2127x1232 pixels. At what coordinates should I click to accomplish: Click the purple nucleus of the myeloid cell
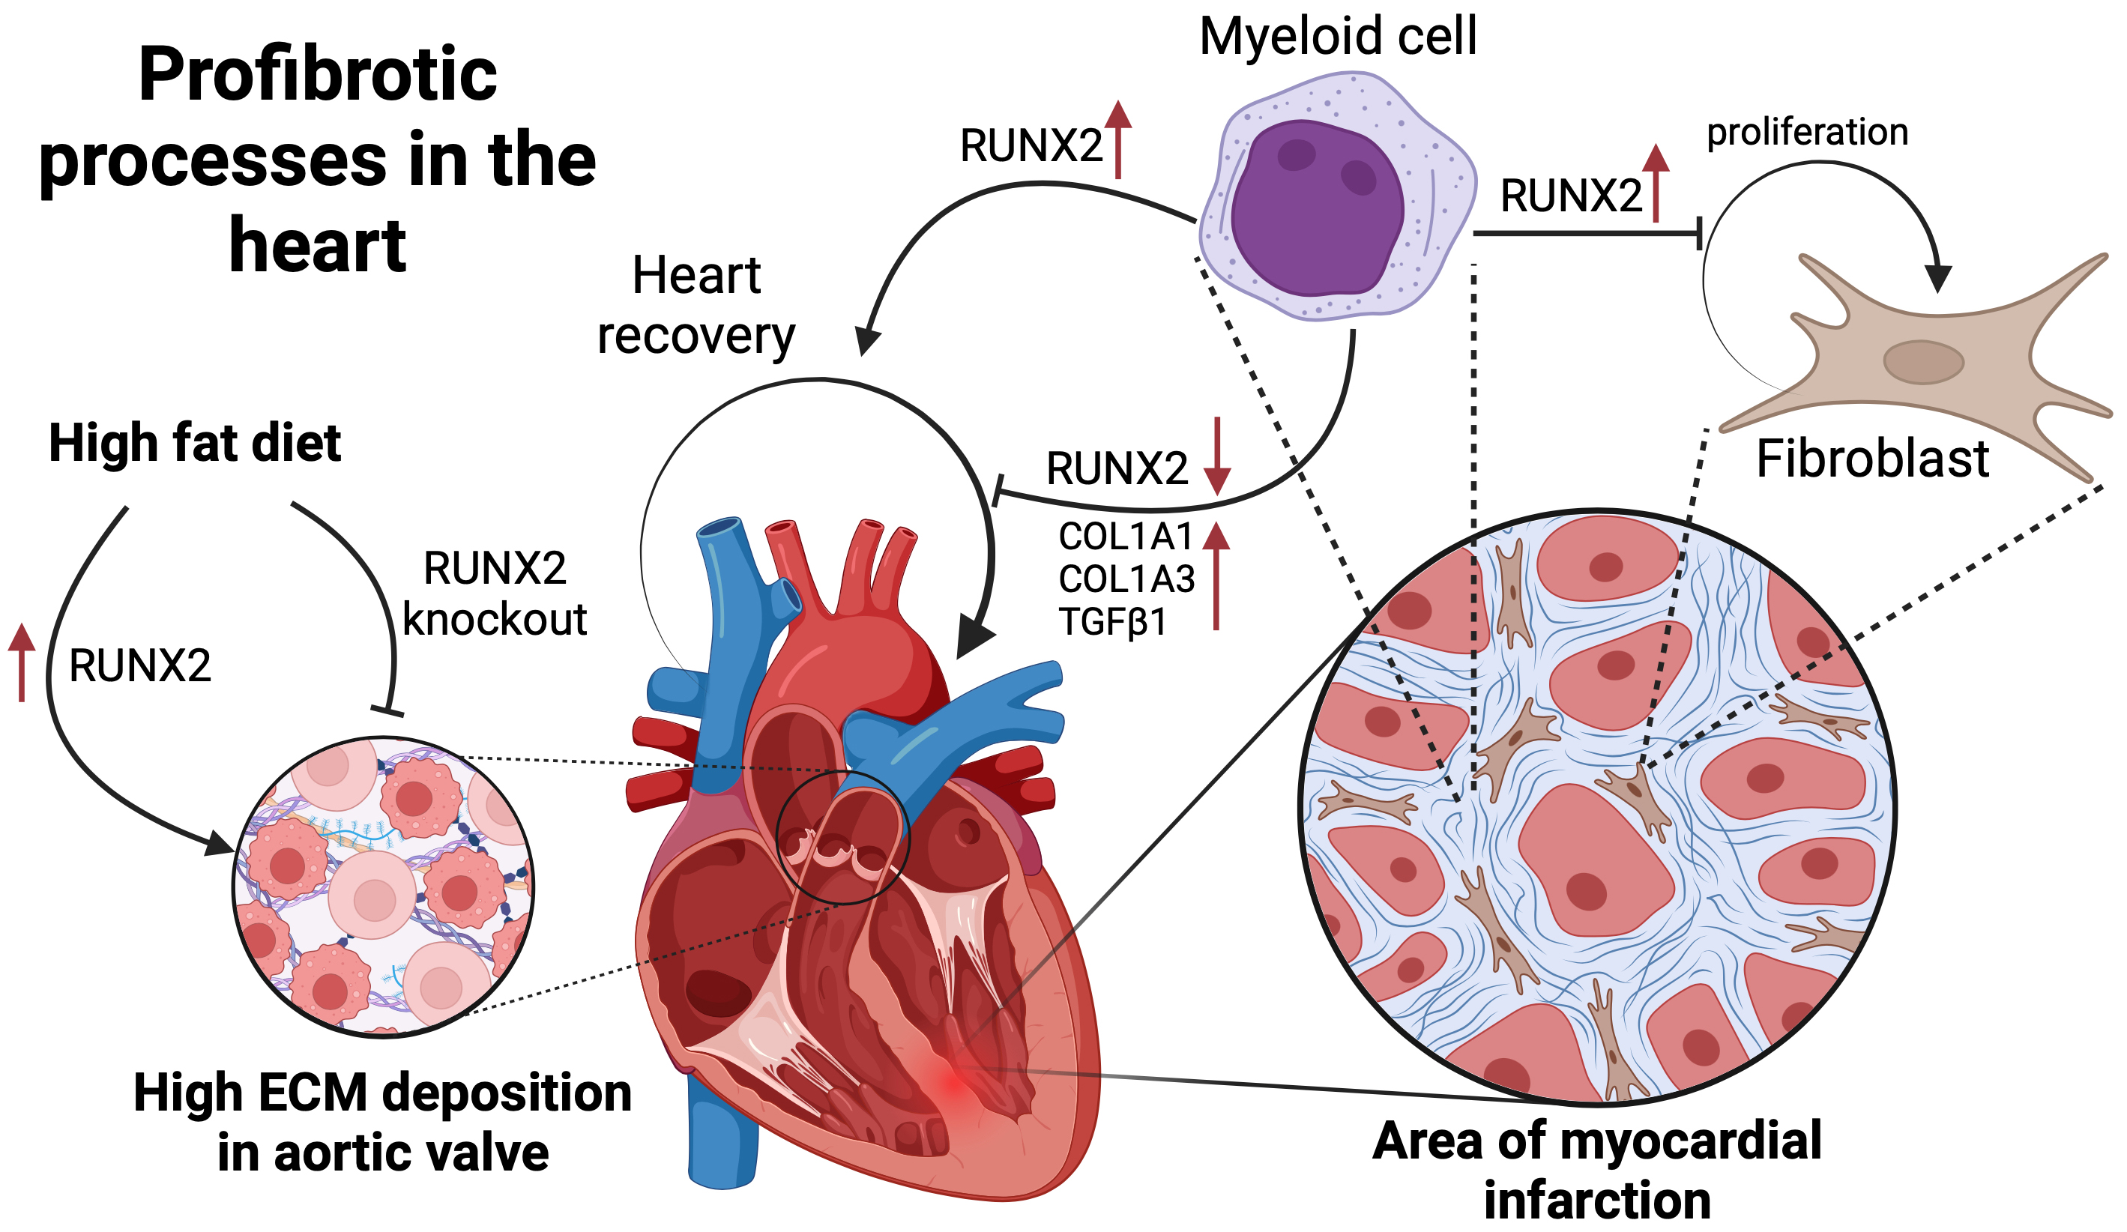(1317, 207)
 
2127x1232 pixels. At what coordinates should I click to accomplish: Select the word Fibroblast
(1872, 460)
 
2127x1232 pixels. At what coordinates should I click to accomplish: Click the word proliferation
(1807, 133)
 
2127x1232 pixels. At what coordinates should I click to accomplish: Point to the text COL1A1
(1125, 537)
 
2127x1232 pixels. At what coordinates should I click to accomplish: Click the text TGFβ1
(1112, 623)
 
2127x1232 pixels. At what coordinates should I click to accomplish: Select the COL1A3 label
(1126, 580)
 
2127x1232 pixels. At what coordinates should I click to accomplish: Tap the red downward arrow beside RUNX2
(1217, 456)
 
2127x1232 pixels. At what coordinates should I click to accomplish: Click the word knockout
(495, 620)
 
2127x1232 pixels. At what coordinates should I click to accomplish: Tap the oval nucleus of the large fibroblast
(1924, 362)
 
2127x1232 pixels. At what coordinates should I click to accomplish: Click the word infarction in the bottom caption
(1597, 1201)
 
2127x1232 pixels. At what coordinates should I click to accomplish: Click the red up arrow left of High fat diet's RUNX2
(22, 662)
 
